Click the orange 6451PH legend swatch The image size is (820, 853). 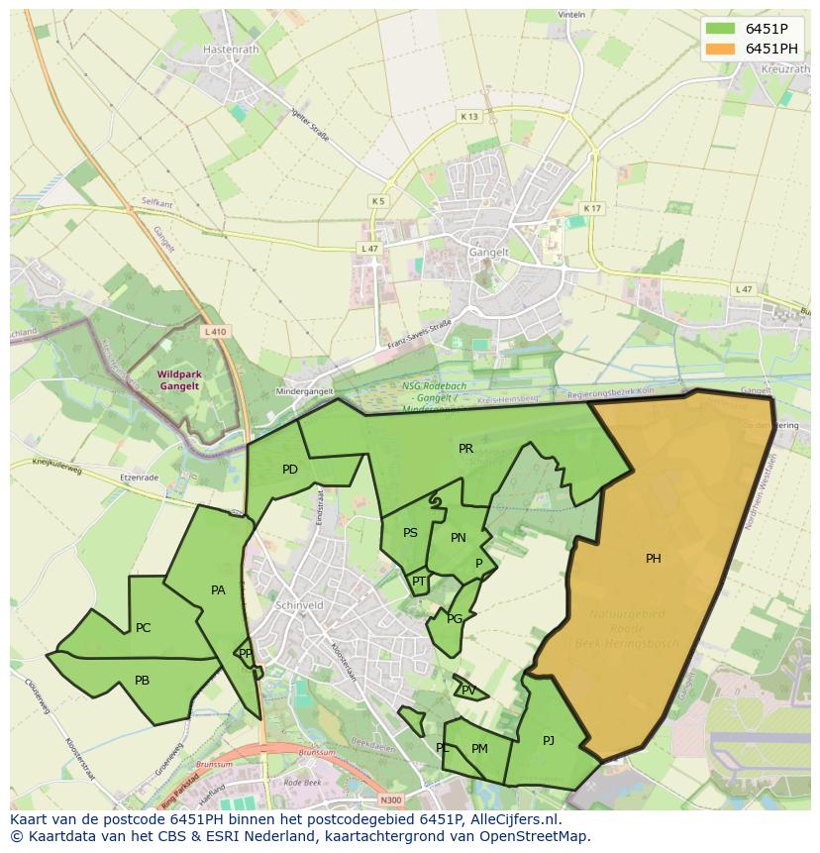721,49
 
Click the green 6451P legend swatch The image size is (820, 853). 721,29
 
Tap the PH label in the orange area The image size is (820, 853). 654,559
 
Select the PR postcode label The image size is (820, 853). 465,449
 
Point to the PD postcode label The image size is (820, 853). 290,470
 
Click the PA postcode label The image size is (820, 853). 219,590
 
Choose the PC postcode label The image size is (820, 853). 144,628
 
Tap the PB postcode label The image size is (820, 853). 143,681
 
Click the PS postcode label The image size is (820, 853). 410,533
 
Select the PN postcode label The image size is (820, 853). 459,538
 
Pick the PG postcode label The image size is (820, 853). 455,619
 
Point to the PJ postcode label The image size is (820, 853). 549,740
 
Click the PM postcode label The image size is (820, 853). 479,749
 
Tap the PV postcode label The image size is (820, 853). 468,691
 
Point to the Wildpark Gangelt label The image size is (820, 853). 179,379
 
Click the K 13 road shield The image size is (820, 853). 468,117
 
